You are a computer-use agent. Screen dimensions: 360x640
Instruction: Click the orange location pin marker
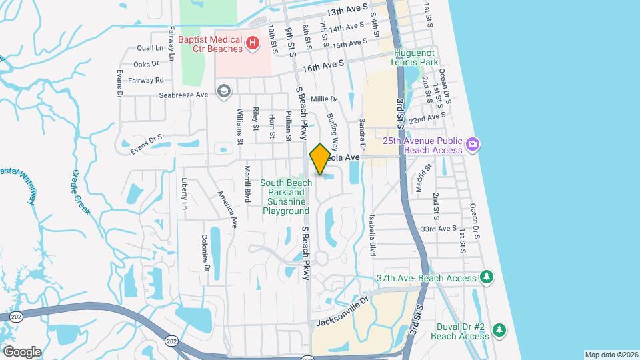[320, 159]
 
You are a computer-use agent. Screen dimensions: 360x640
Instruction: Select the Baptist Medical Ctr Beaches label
[211, 44]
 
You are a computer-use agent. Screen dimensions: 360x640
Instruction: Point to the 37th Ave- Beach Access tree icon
[487, 277]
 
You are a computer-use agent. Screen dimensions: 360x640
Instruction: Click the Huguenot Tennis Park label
[415, 57]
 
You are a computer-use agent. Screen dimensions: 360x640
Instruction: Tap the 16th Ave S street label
[323, 65]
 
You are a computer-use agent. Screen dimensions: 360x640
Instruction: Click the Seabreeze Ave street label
[184, 95]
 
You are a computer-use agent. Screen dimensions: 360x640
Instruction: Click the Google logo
[22, 351]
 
